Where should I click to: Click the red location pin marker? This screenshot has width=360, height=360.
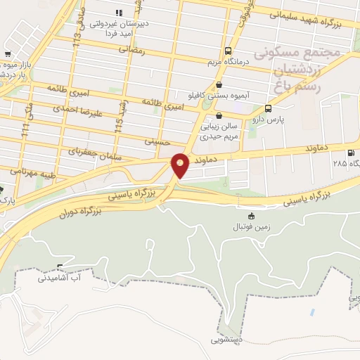181,165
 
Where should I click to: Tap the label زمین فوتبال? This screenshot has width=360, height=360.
252,228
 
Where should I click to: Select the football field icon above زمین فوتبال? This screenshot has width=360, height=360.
252,216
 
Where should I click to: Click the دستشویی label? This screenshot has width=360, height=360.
225,340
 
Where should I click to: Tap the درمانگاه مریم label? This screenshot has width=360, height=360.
224,63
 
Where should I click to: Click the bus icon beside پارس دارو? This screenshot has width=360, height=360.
268,108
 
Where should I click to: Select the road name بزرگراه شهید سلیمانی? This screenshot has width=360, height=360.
305,18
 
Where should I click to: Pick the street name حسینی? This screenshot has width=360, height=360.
157,141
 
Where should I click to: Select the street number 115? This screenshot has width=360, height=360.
120,124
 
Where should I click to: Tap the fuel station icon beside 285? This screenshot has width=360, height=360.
351,153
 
